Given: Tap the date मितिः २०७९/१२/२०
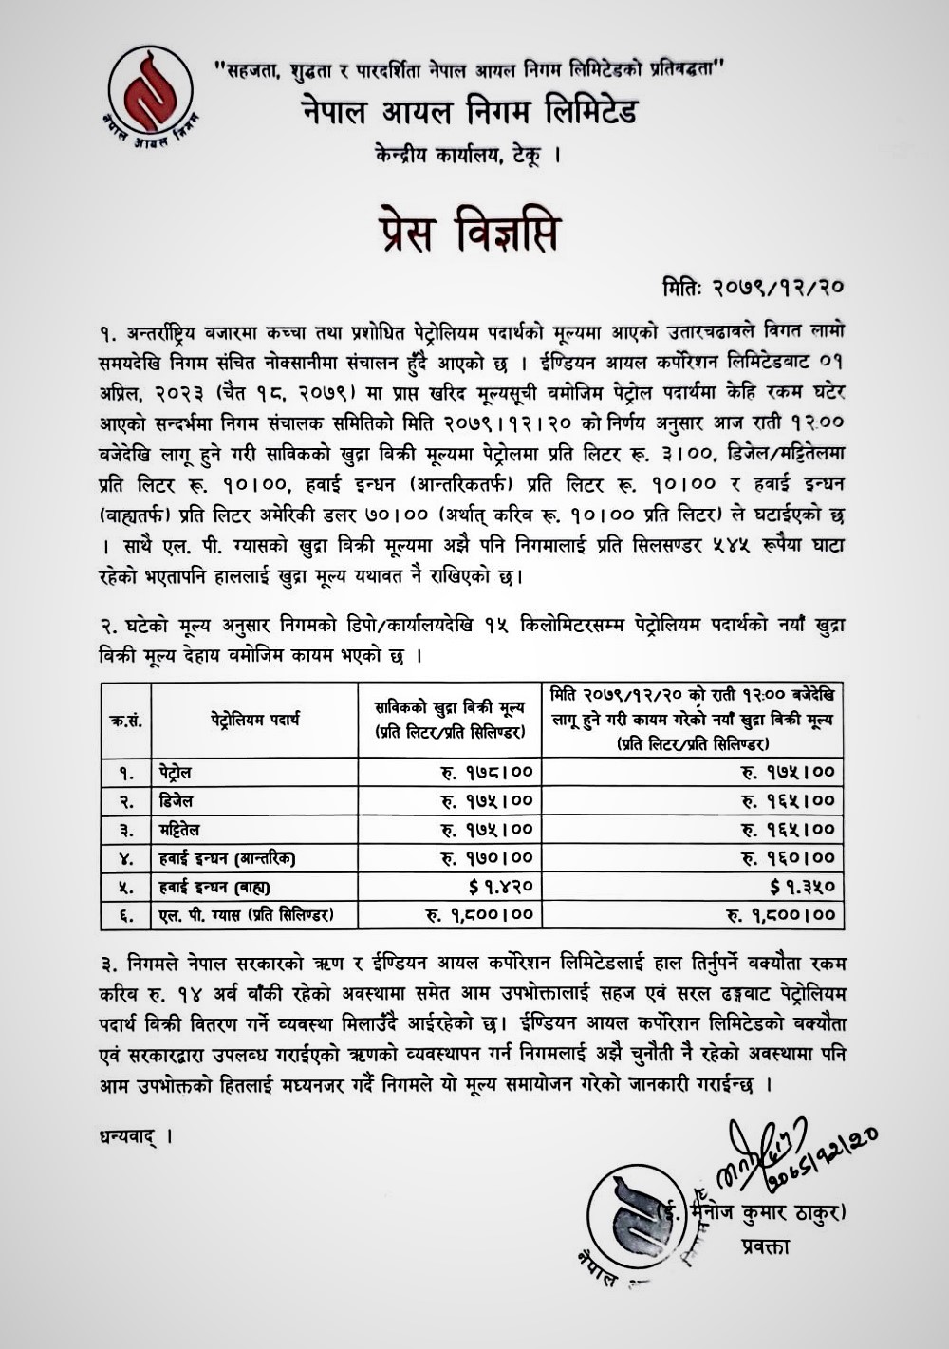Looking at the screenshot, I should coord(754,285).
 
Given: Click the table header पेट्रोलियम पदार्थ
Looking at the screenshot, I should coord(255,720).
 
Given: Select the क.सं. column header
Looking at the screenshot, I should coord(126,720).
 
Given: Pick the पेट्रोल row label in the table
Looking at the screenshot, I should coord(177,772).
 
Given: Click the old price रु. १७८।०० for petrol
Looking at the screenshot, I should coord(487,773).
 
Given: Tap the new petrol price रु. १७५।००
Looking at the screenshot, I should coord(788,773).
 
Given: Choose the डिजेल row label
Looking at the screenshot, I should coord(177,800).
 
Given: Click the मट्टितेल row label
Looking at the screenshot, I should coord(180,829).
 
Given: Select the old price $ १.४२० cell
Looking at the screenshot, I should coord(500,887).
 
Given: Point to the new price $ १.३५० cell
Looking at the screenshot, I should coord(802,887).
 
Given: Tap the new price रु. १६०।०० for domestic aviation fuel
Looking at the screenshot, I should coord(788,858).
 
